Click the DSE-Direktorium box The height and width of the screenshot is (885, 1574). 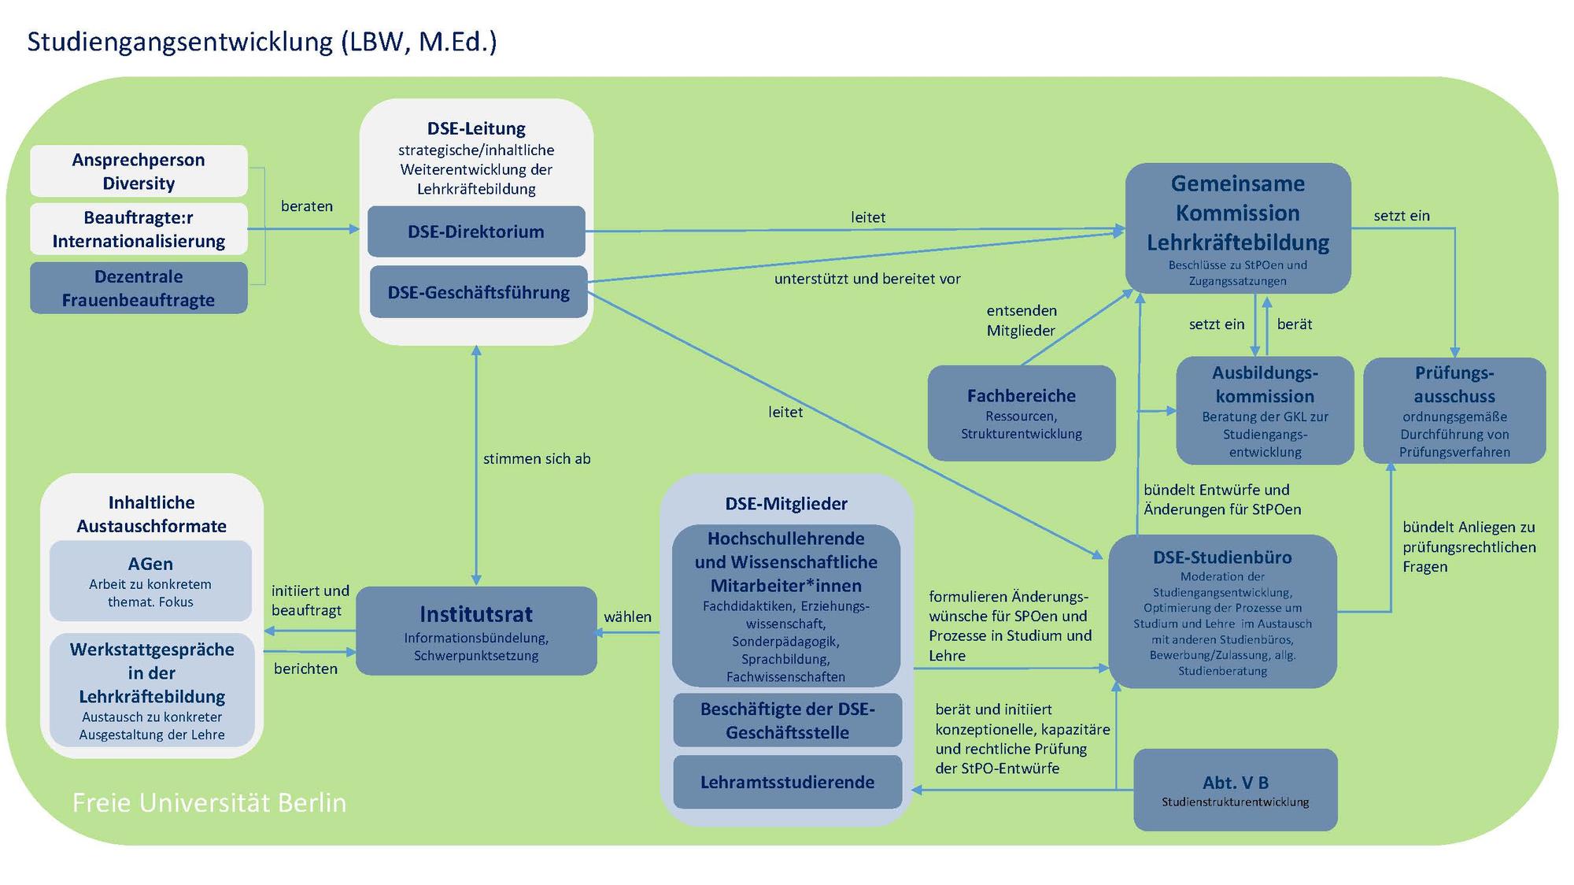[x=476, y=231]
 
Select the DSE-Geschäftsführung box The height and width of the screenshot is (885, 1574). [x=478, y=292]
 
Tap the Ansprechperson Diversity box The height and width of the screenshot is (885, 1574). [x=139, y=171]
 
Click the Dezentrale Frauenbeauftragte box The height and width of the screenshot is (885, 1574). [x=139, y=288]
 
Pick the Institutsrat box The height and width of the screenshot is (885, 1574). [x=476, y=631]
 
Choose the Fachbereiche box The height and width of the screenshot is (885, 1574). [x=1022, y=413]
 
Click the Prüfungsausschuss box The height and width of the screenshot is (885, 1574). [x=1454, y=410]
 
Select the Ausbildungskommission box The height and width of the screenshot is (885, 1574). [x=1265, y=410]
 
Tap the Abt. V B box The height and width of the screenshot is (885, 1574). [x=1236, y=790]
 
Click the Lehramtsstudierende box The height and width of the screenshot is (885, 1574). [x=787, y=782]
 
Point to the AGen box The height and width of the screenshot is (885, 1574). [x=150, y=580]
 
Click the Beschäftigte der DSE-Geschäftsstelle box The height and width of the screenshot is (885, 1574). [x=787, y=720]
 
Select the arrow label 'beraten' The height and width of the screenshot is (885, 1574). [x=307, y=206]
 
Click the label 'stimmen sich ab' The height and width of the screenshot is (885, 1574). [x=537, y=459]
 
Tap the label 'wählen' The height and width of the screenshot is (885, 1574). [x=627, y=617]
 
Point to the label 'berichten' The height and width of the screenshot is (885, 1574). [x=305, y=668]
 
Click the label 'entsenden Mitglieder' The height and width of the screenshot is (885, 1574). [x=1022, y=320]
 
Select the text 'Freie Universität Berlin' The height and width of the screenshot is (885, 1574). [x=209, y=802]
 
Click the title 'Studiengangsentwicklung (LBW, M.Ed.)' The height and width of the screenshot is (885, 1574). [x=262, y=42]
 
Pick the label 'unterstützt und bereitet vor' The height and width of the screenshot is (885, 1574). [x=867, y=279]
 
